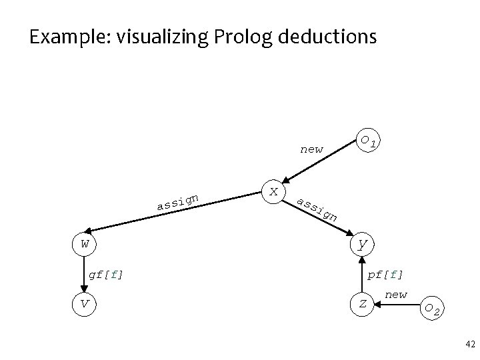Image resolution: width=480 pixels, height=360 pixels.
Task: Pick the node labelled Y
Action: pos(363,243)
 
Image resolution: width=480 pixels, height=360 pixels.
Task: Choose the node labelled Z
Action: pos(363,304)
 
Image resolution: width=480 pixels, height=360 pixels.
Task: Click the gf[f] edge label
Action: pos(106,273)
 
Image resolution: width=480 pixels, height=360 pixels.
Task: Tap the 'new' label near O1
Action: pos(312,149)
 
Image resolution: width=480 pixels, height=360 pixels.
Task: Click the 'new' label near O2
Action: pos(396,294)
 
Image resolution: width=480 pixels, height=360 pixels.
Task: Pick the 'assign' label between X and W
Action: pos(177,201)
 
